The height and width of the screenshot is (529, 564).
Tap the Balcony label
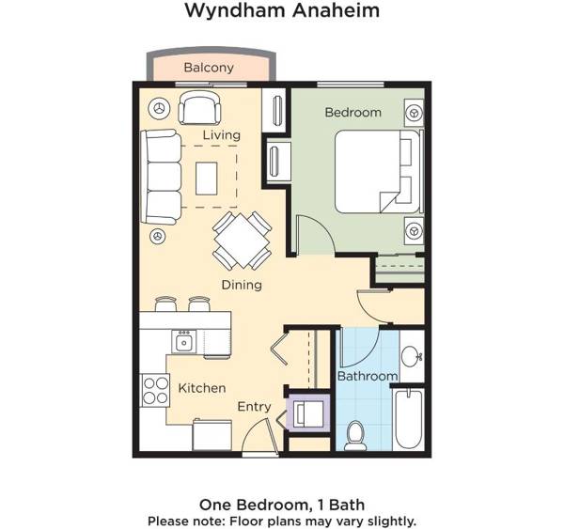pos(209,68)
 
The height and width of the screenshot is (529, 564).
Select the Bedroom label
pos(352,113)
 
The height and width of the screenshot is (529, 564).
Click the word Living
pos(222,135)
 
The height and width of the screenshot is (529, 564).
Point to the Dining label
pos(241,285)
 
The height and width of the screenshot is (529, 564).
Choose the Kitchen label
pos(202,387)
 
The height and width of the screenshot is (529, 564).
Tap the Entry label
pos(254,407)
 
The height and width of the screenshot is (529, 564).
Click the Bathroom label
pos(368,376)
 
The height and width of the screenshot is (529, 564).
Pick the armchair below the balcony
pos(199,109)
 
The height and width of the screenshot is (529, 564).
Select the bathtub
pos(410,419)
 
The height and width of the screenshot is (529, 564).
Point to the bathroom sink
pos(412,357)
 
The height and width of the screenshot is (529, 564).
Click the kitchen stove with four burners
pos(154,389)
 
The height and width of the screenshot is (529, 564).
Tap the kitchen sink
pos(184,342)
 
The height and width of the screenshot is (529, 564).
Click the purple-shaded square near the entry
pos(306,412)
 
